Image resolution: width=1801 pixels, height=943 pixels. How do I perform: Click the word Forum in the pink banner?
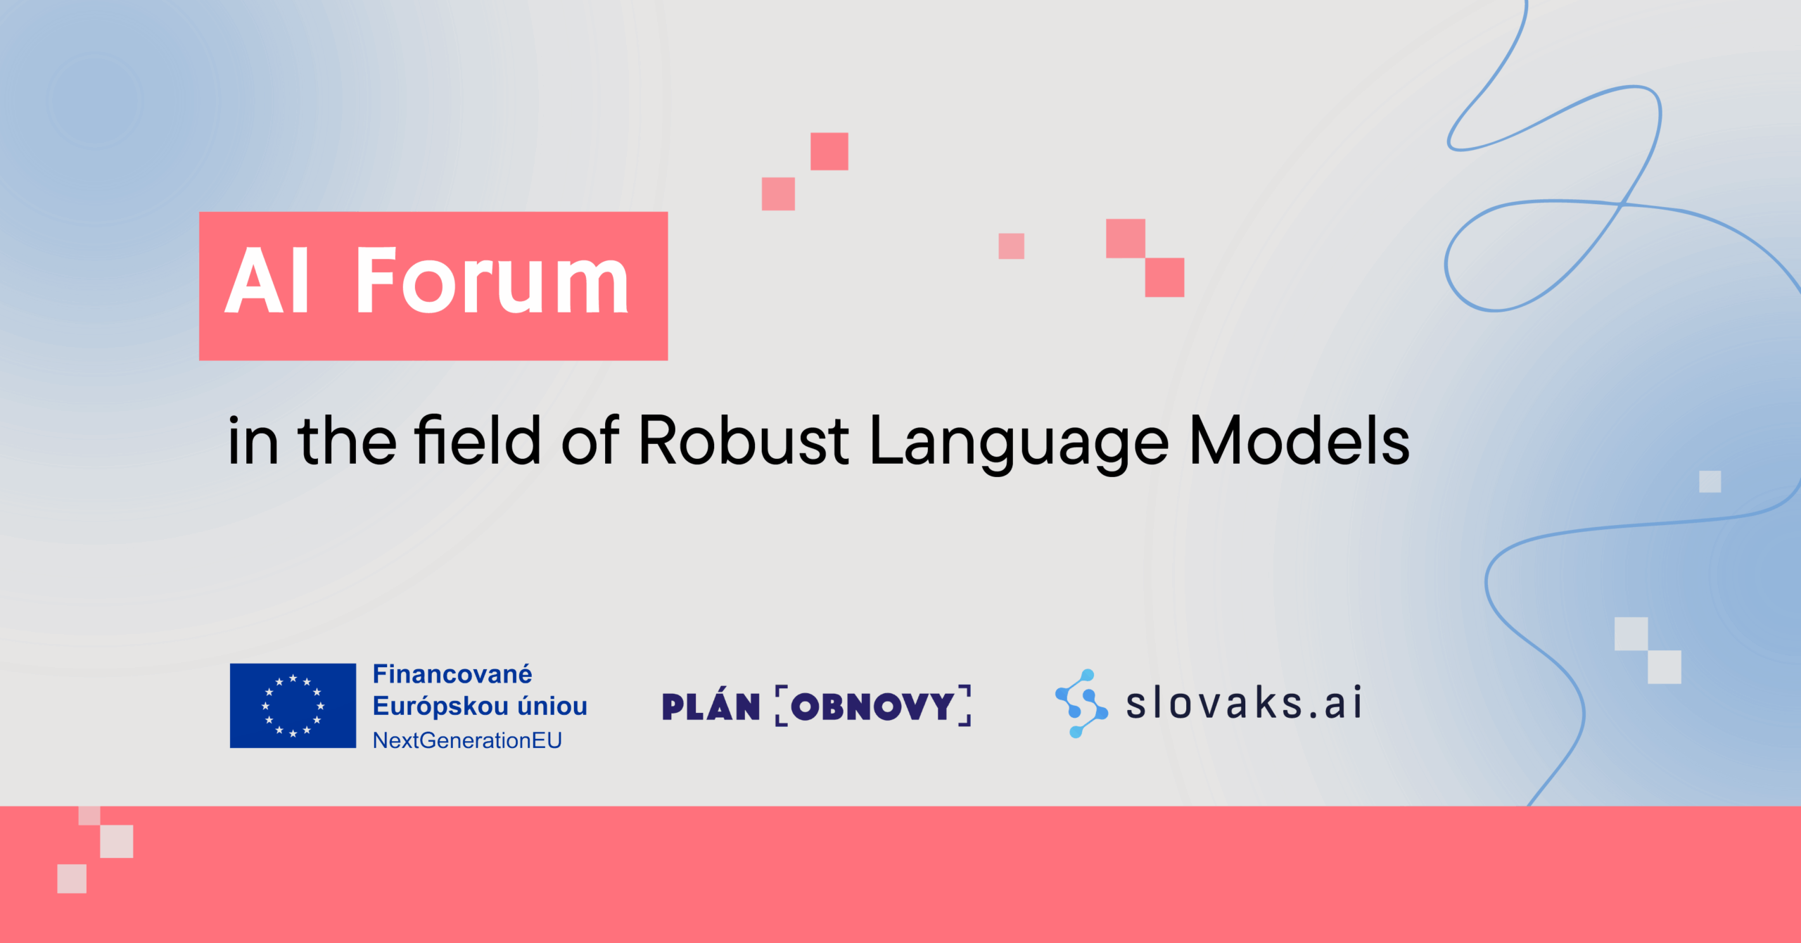(x=492, y=281)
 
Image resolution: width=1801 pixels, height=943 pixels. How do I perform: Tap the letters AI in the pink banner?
(x=267, y=281)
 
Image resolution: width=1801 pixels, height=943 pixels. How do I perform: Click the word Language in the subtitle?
(x=1019, y=443)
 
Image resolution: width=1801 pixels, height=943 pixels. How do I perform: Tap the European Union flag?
(x=293, y=705)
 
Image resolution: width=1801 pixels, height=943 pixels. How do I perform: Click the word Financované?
(x=452, y=674)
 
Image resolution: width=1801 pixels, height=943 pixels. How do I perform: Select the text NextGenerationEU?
(x=467, y=740)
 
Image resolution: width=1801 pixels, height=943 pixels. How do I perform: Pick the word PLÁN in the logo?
(x=711, y=706)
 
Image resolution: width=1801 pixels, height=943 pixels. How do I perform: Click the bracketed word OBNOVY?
(x=873, y=706)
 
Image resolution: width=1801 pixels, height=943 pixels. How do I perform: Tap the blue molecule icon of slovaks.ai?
(x=1081, y=703)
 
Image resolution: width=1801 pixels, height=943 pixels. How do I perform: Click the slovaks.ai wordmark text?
(x=1244, y=703)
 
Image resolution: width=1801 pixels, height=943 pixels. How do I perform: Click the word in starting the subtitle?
(x=253, y=441)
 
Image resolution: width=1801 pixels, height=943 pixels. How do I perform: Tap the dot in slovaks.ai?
(x=1313, y=716)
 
